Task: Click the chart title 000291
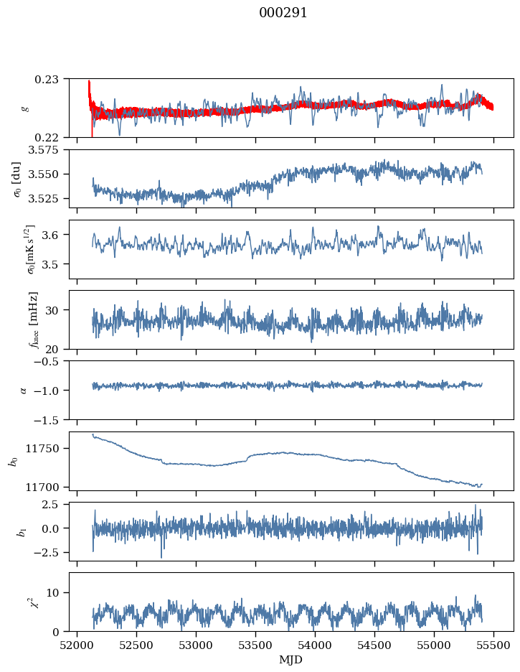pyautogui.click(x=283, y=13)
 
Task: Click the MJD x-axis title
pyautogui.click(x=291, y=659)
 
